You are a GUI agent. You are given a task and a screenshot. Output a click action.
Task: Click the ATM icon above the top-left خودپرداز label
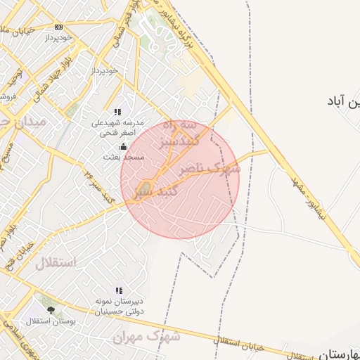58,27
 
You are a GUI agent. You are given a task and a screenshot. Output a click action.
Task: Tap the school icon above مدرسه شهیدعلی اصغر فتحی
118,112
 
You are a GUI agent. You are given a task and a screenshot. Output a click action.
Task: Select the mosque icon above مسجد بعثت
124,146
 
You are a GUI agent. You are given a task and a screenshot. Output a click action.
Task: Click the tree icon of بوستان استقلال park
50,309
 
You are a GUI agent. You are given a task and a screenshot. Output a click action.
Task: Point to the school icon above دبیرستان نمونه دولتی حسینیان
118,290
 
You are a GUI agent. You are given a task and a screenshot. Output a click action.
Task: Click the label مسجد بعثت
124,157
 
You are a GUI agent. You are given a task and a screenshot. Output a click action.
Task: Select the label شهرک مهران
147,337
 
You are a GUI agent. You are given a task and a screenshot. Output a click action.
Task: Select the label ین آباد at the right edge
342,102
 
